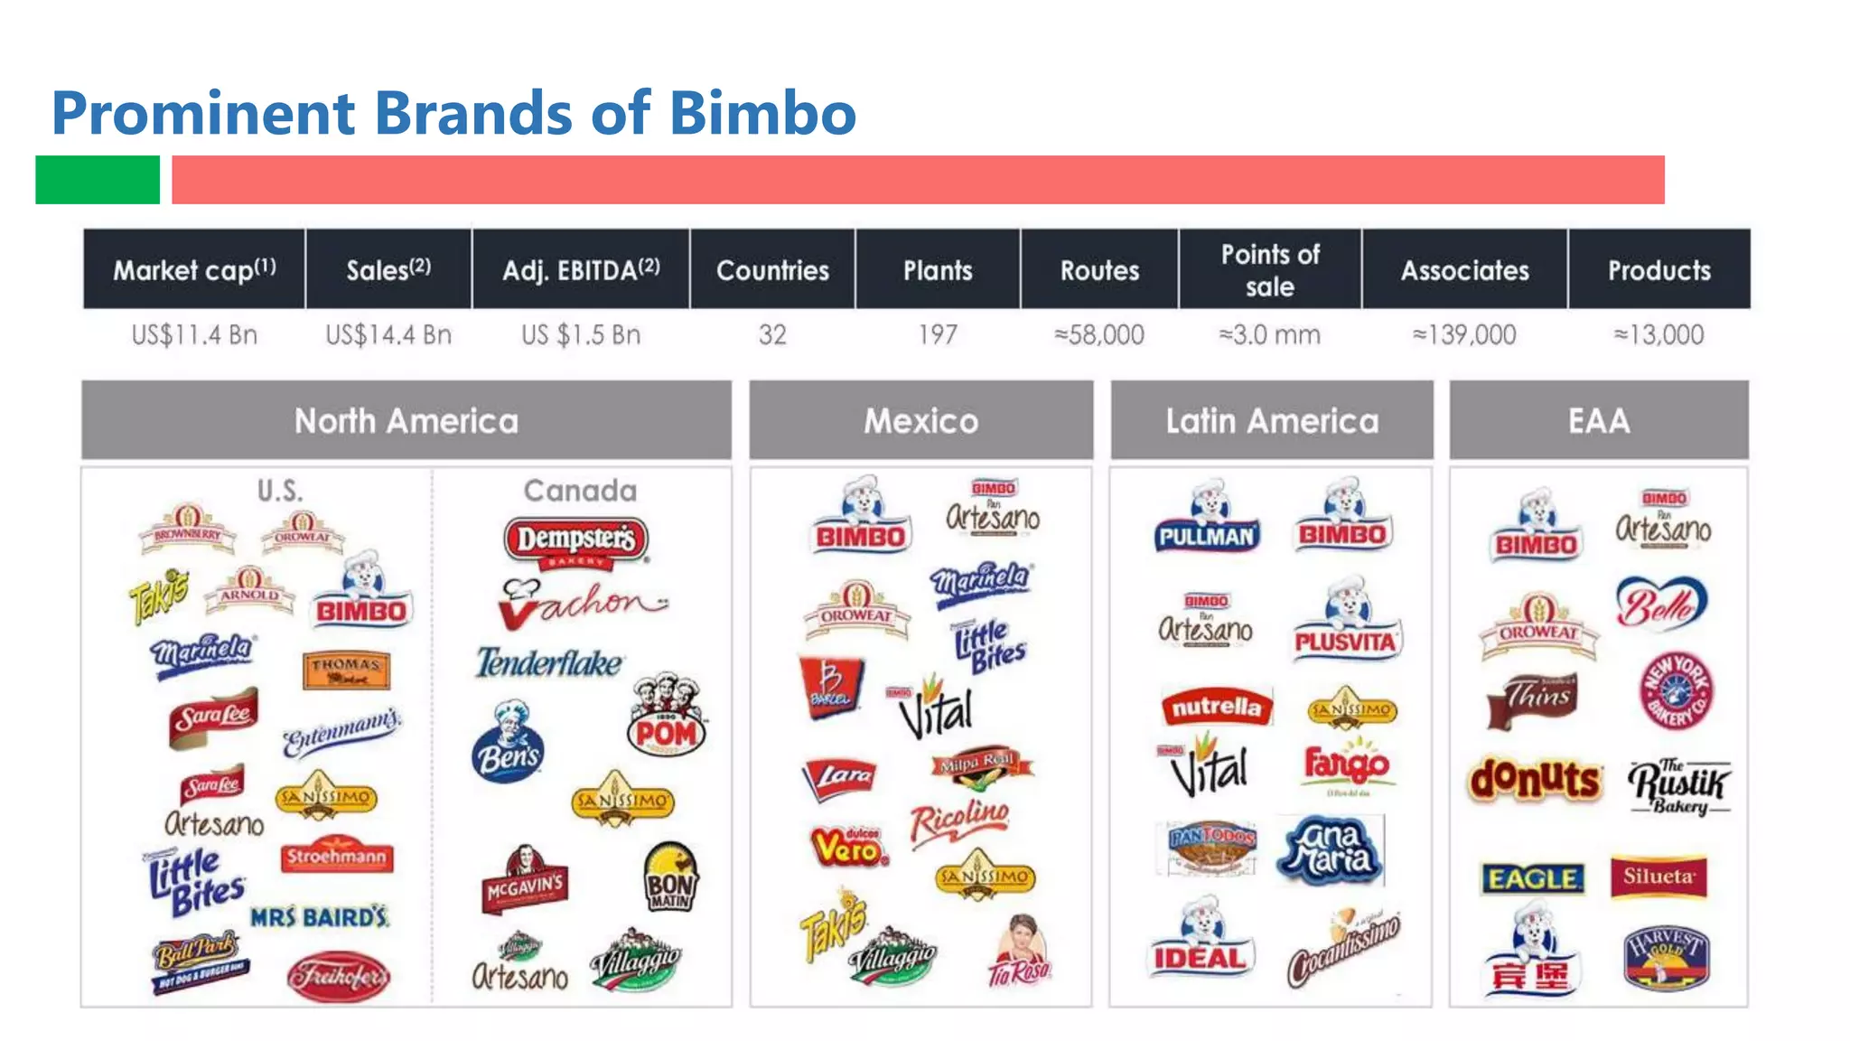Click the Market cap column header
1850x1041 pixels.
point(194,269)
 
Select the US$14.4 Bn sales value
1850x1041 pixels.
point(388,335)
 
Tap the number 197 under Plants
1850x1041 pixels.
point(938,335)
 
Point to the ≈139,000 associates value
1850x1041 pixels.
point(1464,335)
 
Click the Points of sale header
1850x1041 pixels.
point(1270,269)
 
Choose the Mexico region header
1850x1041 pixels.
point(920,420)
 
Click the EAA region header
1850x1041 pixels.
point(1599,420)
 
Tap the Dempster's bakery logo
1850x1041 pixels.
point(576,542)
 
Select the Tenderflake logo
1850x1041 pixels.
point(549,663)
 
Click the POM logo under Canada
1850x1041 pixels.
point(667,718)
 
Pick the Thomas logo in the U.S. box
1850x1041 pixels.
point(346,670)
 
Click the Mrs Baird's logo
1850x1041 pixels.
point(320,917)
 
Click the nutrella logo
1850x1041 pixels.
point(1216,707)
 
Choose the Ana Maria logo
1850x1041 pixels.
point(1330,849)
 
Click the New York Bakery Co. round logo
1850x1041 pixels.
point(1676,691)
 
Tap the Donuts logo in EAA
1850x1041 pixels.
point(1534,779)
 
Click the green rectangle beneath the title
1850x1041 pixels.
point(98,179)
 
